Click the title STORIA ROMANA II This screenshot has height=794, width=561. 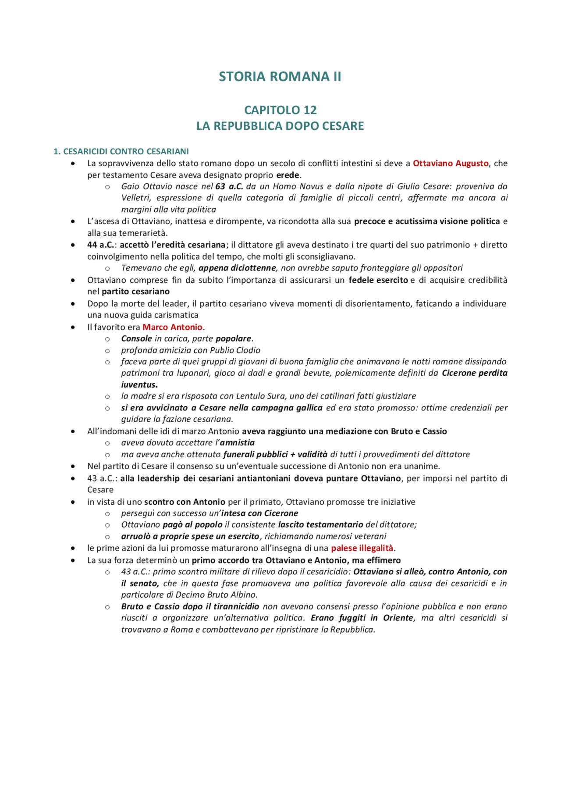280,77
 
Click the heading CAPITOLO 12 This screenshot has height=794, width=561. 280,110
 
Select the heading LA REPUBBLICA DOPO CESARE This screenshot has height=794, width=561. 280,126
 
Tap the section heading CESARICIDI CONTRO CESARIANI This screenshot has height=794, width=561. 126,152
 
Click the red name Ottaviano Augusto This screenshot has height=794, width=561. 450,164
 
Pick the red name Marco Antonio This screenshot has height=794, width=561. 172,327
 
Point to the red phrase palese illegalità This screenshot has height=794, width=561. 362,548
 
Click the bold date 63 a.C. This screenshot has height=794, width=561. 229,186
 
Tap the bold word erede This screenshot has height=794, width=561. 288,175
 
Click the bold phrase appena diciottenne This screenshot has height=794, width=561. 237,268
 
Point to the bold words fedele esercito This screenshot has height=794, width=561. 378,280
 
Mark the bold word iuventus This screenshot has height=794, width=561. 139,385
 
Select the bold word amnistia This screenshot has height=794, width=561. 237,443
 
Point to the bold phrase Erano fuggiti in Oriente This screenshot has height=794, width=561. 362,618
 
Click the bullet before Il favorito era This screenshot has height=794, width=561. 73,327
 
